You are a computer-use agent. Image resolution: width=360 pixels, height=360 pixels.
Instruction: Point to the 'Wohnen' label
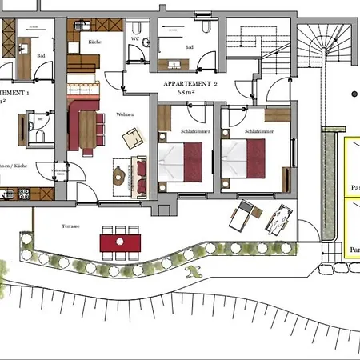(123, 114)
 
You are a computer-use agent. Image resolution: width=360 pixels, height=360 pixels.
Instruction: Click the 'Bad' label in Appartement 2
(190, 47)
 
